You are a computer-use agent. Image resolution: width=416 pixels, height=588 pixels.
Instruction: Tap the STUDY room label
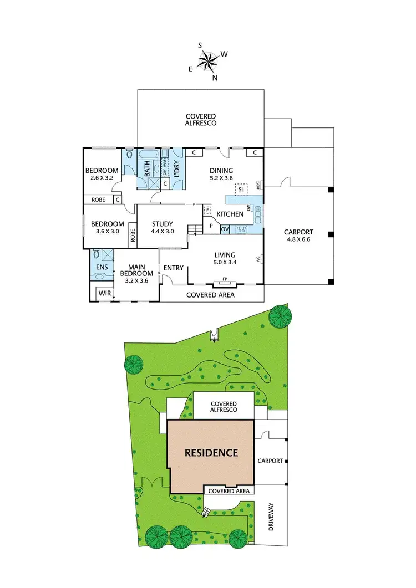[x=163, y=224]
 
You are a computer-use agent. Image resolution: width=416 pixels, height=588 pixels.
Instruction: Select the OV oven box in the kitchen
[x=225, y=228]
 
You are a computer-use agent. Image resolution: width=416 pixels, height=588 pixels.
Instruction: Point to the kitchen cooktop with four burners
[x=242, y=228]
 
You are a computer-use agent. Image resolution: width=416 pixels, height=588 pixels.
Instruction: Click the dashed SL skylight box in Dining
[x=241, y=190]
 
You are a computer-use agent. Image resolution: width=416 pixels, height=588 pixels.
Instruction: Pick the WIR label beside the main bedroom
[x=104, y=292]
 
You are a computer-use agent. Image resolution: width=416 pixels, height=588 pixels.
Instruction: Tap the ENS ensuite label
[x=102, y=267]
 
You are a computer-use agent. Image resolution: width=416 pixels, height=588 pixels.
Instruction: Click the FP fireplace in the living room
[x=225, y=281]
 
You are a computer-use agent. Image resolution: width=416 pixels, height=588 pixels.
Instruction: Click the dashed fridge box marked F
[x=207, y=210]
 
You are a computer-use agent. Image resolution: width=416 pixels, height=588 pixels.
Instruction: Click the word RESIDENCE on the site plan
[x=211, y=453]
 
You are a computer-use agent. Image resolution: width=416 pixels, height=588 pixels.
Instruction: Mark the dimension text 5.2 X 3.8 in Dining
[x=222, y=178]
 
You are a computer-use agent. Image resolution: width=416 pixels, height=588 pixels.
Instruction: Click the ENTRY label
[x=174, y=268]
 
